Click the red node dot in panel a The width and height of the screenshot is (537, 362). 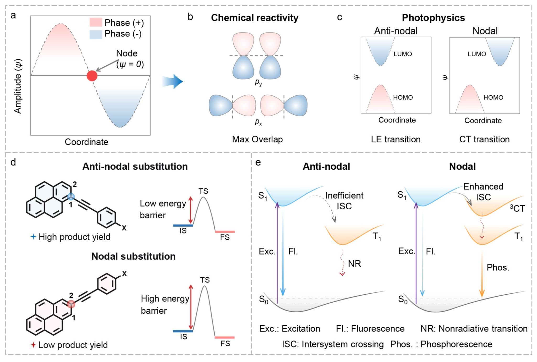[92, 76]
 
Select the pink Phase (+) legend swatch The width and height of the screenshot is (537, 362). [96, 22]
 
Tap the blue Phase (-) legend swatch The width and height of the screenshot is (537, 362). [96, 34]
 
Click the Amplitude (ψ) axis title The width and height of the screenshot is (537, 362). [18, 86]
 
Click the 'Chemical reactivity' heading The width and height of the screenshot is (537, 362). [255, 18]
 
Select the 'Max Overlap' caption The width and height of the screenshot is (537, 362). [257, 139]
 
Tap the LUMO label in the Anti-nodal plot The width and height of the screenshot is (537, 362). [402, 54]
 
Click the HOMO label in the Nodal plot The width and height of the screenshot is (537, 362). [493, 97]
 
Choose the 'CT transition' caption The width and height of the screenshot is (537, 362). [484, 139]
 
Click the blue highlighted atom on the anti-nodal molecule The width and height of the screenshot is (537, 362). [71, 196]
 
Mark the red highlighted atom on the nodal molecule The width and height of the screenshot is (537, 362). [71, 304]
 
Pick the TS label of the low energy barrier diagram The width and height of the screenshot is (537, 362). [203, 191]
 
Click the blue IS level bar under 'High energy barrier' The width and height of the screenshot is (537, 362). [183, 331]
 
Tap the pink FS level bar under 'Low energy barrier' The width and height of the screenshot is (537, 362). [225, 232]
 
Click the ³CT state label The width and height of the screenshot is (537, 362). [517, 208]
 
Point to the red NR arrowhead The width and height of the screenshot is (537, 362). [342, 274]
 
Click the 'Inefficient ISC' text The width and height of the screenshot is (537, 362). [344, 201]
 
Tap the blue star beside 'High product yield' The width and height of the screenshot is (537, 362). [33, 237]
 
